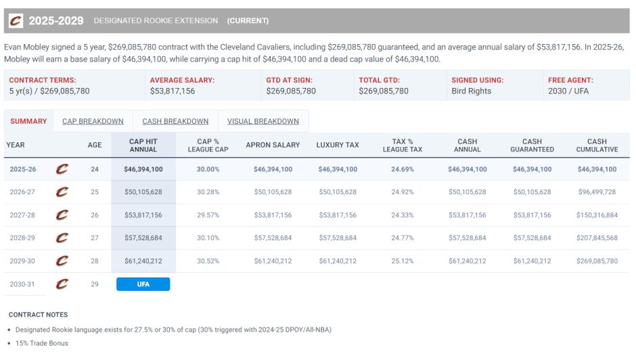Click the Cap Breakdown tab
click(93, 121)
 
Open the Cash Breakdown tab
click(175, 121)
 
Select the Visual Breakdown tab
click(263, 121)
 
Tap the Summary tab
click(28, 121)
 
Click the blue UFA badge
click(143, 284)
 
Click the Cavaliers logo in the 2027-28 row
click(62, 215)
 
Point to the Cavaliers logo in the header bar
click(15, 21)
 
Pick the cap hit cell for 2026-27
click(143, 192)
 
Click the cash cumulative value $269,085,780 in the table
click(597, 261)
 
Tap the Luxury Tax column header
click(338, 145)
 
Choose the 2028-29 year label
click(22, 238)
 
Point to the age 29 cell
click(95, 284)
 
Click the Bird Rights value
click(471, 91)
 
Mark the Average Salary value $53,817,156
click(172, 91)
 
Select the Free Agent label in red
click(570, 80)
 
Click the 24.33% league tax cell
click(402, 215)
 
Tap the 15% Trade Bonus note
click(42, 343)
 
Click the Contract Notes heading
click(38, 315)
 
